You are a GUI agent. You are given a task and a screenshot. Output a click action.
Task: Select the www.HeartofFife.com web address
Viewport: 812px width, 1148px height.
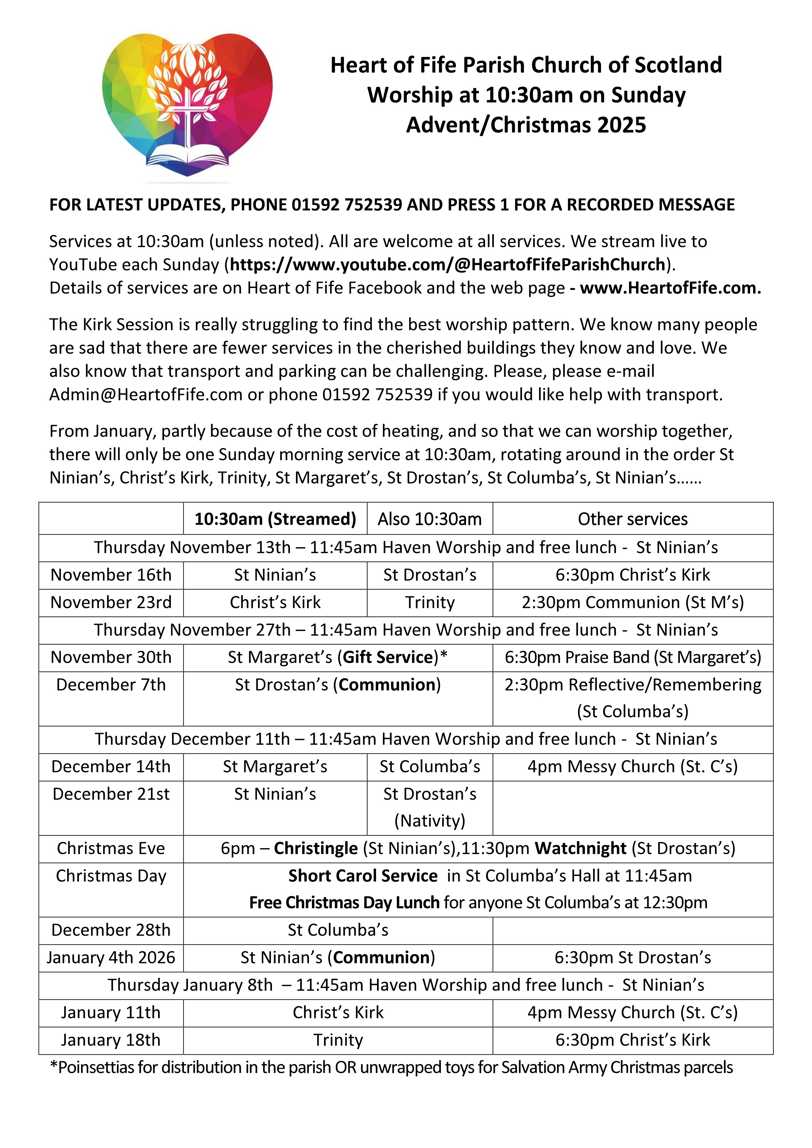tap(670, 288)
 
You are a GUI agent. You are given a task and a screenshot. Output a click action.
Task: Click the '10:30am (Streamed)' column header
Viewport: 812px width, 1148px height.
tap(275, 519)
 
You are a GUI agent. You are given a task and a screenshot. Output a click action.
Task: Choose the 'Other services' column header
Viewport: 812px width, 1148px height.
tap(633, 519)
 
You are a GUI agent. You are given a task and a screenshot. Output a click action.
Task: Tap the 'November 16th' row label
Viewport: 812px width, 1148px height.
tap(111, 575)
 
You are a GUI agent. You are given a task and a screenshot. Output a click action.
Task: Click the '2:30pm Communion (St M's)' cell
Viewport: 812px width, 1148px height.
tap(633, 602)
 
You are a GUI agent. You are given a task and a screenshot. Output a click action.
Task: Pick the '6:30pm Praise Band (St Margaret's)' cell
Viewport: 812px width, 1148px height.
tap(633, 657)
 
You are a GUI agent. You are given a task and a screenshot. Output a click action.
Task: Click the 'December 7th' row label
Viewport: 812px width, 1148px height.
tap(111, 685)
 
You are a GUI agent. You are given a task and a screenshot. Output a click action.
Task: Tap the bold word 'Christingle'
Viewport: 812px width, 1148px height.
tap(316, 849)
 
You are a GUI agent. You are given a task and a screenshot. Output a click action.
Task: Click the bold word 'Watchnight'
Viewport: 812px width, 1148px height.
tap(580, 849)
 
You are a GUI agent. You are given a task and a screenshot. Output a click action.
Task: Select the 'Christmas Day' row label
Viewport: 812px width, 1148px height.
tap(111, 876)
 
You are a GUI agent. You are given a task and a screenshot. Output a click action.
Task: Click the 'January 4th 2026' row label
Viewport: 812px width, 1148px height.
tap(111, 958)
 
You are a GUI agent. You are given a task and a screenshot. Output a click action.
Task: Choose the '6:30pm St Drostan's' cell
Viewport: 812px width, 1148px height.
tap(633, 958)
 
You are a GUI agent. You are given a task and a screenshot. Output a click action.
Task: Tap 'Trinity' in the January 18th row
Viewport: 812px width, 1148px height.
tap(338, 1040)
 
